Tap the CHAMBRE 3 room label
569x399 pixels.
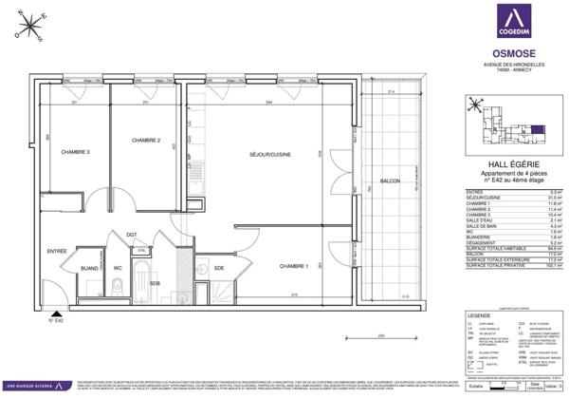[75, 152]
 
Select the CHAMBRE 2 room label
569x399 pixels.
[145, 141]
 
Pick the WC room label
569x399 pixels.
[119, 269]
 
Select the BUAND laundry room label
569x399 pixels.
[89, 269]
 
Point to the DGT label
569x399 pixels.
[132, 235]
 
